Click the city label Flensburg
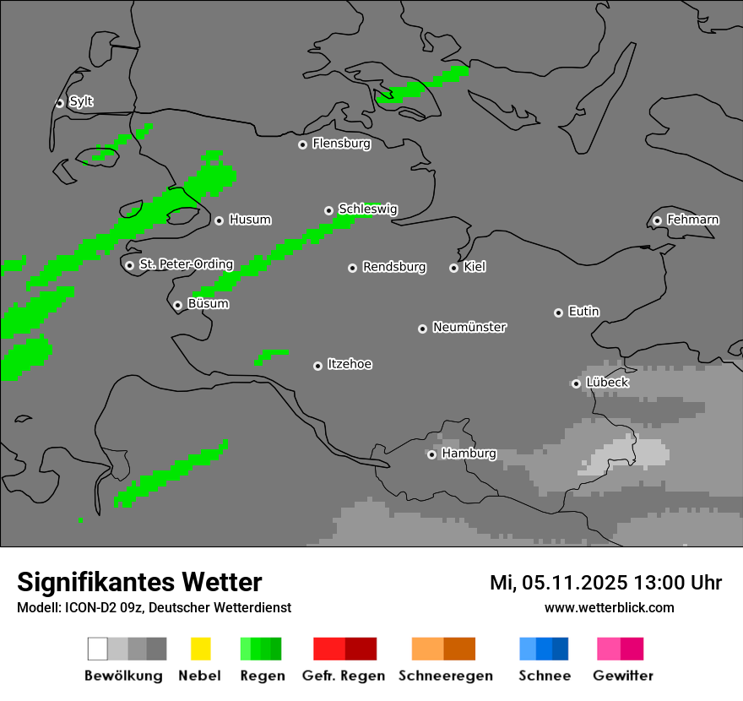pos(341,144)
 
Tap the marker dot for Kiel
pos(453,268)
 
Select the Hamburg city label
pos(469,454)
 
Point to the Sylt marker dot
pos(60,103)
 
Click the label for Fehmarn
pos(692,220)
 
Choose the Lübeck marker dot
pos(576,383)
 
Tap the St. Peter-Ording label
pos(186,264)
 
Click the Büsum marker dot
pos(177,305)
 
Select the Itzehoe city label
pos(350,364)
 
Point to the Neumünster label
pos(469,327)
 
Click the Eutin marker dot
pos(558,312)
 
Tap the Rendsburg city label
pos(394,267)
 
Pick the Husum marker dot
pos(219,220)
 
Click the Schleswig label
pos(367,209)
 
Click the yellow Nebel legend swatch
pos(200,649)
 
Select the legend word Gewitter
pos(623,676)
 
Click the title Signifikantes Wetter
pos(139,582)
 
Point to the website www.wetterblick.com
pos(609,607)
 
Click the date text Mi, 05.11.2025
pos(560,582)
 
